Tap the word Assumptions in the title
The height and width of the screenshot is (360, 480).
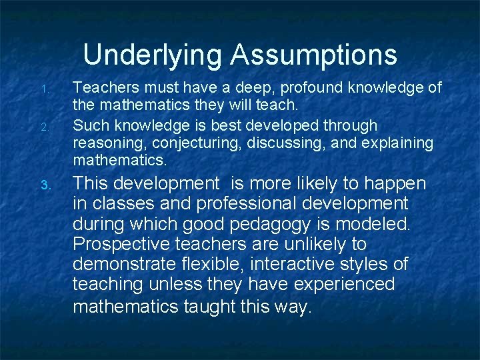pyautogui.click(x=314, y=55)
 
